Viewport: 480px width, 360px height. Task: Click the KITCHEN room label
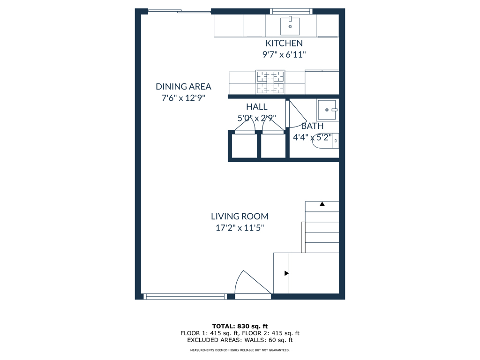pyautogui.click(x=284, y=43)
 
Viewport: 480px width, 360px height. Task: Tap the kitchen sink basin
pyautogui.click(x=290, y=26)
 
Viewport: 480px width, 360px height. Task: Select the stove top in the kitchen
pyautogui.click(x=270, y=82)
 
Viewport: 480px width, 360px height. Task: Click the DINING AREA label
pyautogui.click(x=183, y=87)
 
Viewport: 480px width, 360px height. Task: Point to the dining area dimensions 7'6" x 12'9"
pyautogui.click(x=183, y=98)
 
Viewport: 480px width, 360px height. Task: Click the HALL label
pyautogui.click(x=256, y=107)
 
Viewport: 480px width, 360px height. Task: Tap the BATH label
pyautogui.click(x=312, y=126)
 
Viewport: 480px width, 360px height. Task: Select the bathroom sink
pyautogui.click(x=328, y=110)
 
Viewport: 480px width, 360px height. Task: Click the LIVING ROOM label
pyautogui.click(x=240, y=217)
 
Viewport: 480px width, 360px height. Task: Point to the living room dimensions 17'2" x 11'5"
pyautogui.click(x=240, y=228)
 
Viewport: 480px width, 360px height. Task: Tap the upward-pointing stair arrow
pyautogui.click(x=322, y=204)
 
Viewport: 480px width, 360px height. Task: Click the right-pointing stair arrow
pyautogui.click(x=286, y=273)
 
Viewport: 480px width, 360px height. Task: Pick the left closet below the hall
pyautogui.click(x=244, y=146)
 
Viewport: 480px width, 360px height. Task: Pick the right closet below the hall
pyautogui.click(x=273, y=146)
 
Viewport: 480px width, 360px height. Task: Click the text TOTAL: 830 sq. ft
pyautogui.click(x=240, y=326)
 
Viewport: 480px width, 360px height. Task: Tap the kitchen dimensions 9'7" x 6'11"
pyautogui.click(x=284, y=54)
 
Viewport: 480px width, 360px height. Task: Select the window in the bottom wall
pyautogui.click(x=185, y=296)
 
